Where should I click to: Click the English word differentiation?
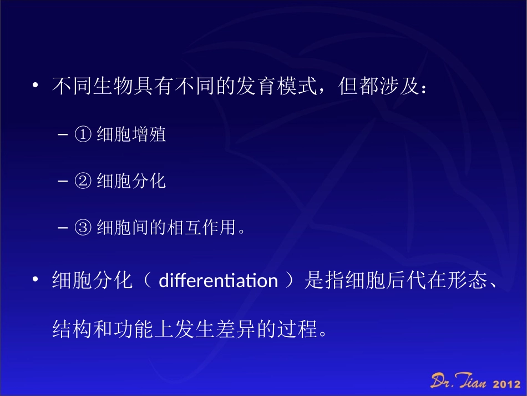(x=218, y=281)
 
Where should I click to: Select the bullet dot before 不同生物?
(x=35, y=87)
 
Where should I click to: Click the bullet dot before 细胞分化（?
(x=35, y=280)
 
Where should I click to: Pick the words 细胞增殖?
(x=131, y=134)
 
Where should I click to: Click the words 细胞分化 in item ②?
(x=131, y=181)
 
